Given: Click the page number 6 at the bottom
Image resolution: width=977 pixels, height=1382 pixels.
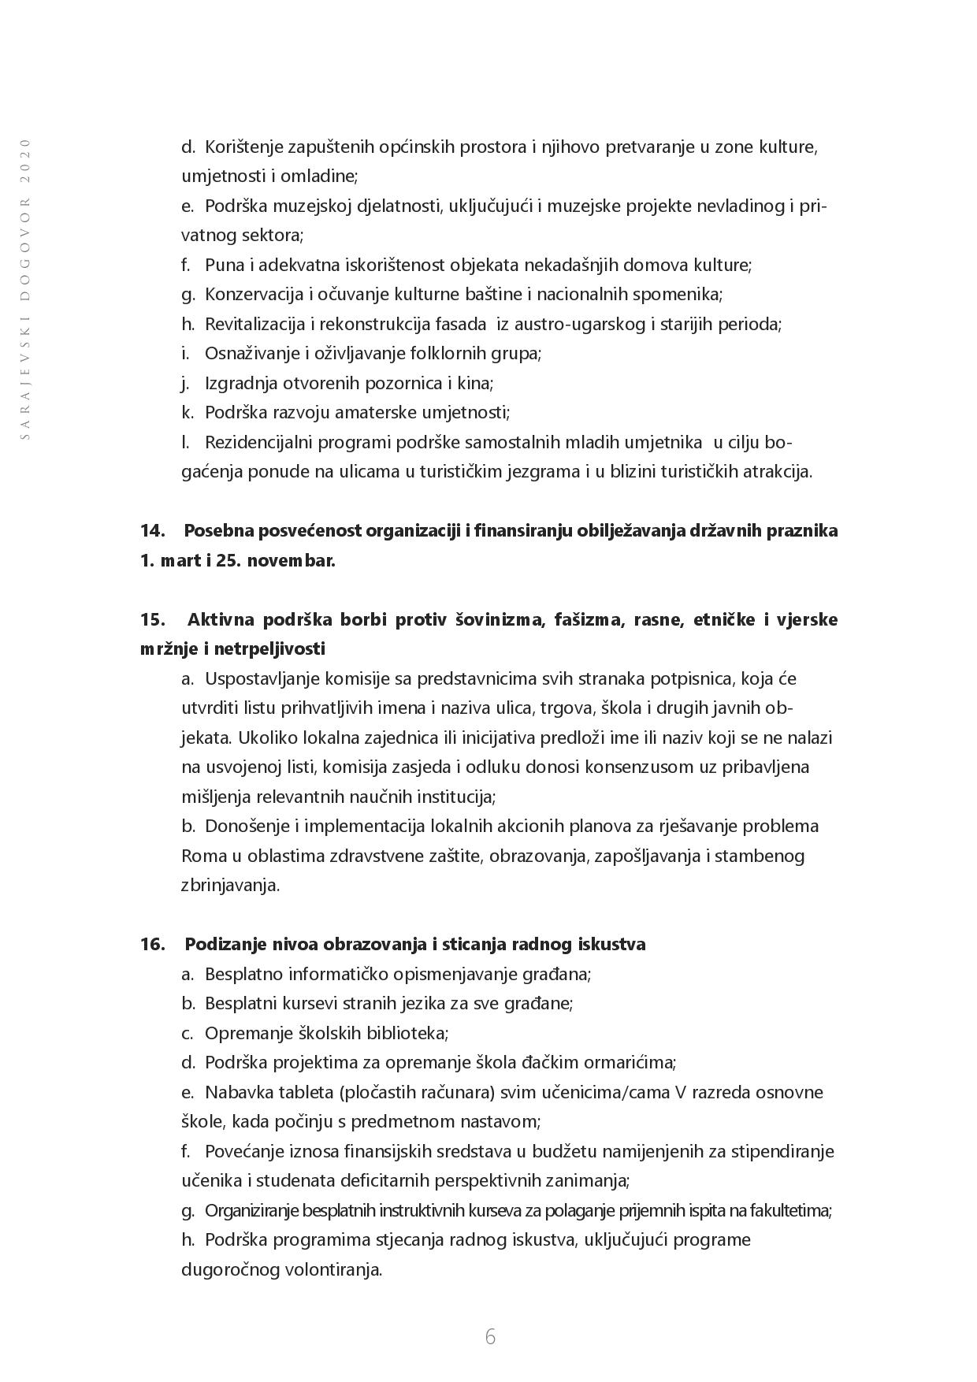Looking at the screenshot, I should [490, 1336].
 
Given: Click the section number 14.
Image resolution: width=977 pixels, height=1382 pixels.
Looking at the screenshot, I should [152, 531].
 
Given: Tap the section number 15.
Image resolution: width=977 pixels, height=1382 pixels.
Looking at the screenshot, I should [152, 619].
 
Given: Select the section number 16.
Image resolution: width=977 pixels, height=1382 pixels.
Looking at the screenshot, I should [152, 944].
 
